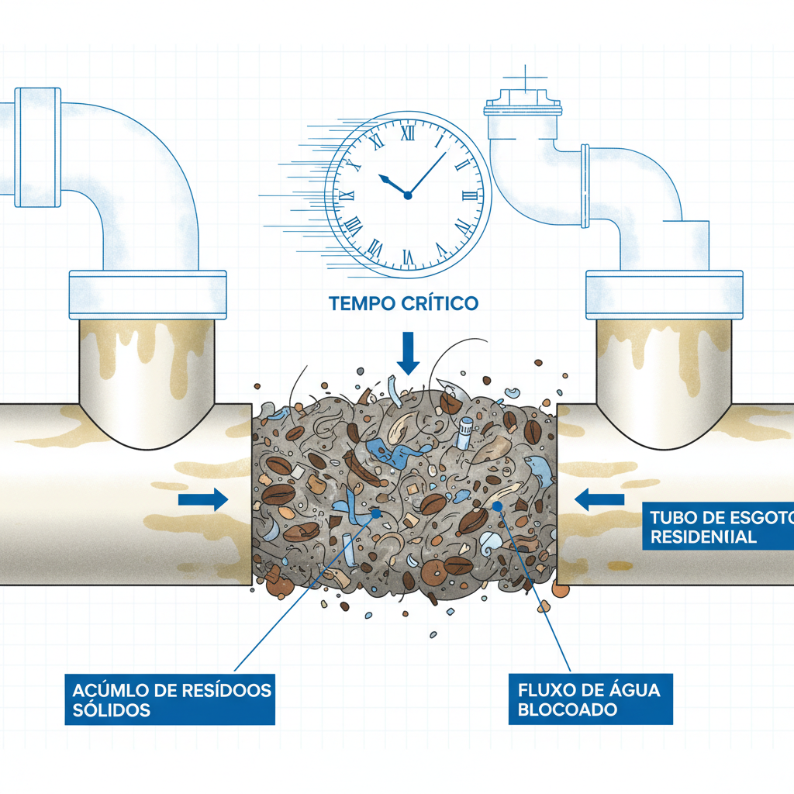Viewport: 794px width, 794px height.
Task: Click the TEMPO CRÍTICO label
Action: point(403,303)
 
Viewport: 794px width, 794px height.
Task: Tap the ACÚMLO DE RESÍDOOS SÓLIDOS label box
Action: point(170,699)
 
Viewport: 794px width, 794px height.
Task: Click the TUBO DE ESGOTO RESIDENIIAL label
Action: point(717,527)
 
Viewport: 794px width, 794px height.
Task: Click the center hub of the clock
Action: point(407,195)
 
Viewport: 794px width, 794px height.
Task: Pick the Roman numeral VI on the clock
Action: point(406,256)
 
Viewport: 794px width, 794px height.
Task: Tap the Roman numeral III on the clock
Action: point(468,195)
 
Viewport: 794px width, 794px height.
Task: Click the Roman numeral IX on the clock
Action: point(347,195)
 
